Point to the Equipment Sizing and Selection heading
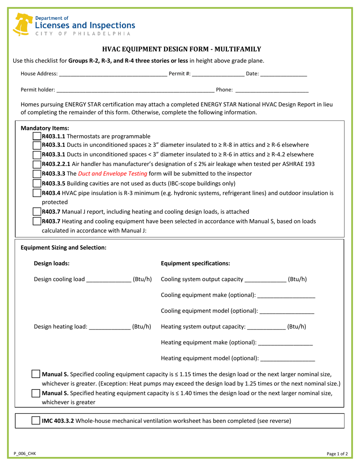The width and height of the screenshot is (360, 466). pos(63,248)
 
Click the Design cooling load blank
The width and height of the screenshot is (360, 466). pos(108,280)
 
